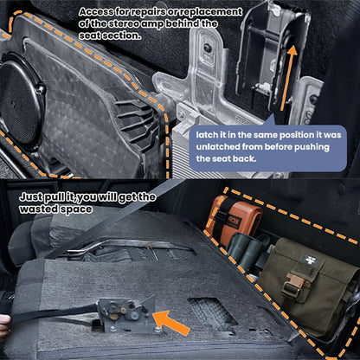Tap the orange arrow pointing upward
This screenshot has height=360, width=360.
289,78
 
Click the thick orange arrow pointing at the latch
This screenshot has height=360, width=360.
171,323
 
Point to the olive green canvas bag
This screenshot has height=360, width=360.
306,286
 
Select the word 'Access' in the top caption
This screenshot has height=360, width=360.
96,12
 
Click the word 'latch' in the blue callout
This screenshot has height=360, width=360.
205,135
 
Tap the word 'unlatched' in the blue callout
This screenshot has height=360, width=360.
218,147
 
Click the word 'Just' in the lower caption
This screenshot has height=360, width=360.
30,197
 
